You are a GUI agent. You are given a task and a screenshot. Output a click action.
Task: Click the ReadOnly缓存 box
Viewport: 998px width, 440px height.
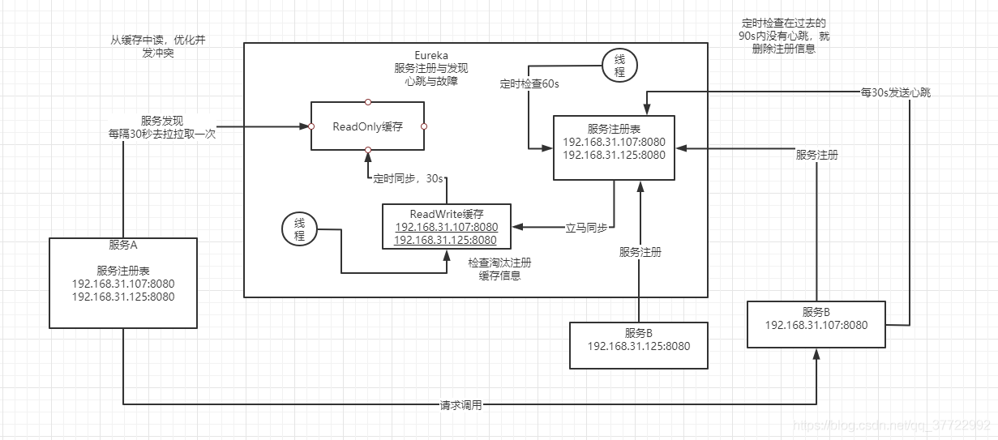[368, 126]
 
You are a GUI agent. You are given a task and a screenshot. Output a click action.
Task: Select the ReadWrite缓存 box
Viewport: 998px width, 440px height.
[446, 226]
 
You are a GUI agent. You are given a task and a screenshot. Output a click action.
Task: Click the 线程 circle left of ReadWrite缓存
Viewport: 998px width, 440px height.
[298, 229]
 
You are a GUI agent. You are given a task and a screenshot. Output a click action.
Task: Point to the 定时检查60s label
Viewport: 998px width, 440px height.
[529, 83]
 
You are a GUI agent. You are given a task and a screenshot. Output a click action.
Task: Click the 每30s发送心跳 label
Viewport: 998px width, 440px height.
[895, 92]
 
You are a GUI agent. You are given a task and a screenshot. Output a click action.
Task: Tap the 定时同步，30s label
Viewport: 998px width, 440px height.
[408, 177]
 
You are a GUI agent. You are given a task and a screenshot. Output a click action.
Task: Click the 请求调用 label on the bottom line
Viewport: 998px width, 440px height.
[460, 404]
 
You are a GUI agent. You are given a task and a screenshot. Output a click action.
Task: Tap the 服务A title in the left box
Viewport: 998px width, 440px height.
[123, 245]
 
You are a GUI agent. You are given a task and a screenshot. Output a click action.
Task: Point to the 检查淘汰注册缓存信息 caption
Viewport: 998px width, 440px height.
[499, 269]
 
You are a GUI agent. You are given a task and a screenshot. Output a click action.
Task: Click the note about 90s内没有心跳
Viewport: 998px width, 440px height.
[783, 36]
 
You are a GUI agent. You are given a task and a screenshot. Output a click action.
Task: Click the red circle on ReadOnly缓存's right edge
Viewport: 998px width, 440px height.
[424, 126]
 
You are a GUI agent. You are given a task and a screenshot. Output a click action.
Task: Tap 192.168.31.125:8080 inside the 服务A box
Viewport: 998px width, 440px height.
[123, 297]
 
